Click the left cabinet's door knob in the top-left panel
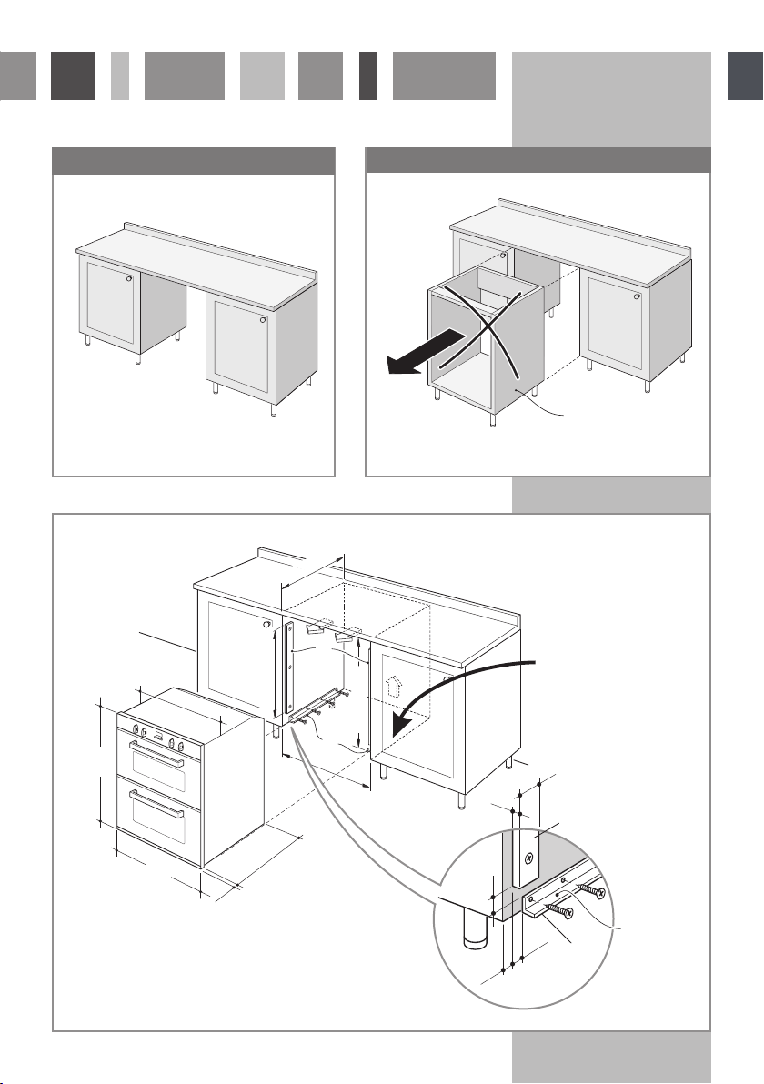[129, 278]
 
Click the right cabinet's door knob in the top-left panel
[263, 318]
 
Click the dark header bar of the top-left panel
[194, 160]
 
